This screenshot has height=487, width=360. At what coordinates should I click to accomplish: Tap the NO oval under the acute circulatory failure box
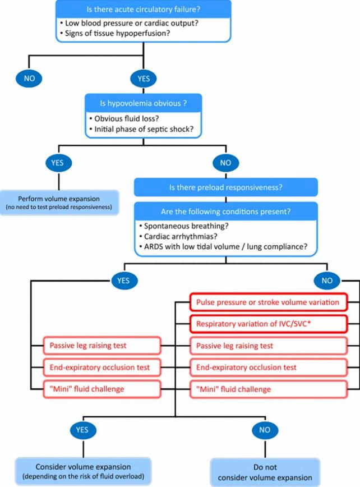click(x=30, y=78)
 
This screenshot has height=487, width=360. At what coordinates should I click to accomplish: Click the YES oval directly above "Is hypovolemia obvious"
click(x=144, y=78)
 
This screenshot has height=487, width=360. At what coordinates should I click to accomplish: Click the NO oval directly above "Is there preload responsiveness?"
click(x=227, y=163)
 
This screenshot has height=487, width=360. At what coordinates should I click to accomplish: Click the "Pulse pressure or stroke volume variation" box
click(x=267, y=302)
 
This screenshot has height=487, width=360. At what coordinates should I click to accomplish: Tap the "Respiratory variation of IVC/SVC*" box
click(x=267, y=324)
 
